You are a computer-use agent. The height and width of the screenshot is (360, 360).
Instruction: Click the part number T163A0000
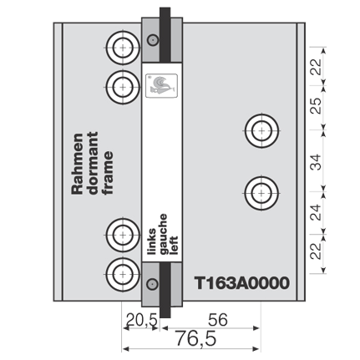pos(241,283)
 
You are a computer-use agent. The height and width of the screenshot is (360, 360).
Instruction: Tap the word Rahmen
pos(77,164)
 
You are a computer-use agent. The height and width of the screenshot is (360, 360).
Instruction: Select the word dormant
pos(93,163)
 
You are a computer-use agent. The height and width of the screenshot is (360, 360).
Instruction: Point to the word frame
pos(108,173)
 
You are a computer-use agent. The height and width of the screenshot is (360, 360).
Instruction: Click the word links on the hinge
pos(152,241)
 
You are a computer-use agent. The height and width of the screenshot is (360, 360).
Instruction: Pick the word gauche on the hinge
pos(163,234)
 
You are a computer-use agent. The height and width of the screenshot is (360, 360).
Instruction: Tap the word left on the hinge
pos(173,246)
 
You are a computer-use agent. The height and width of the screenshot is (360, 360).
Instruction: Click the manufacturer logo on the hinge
pos(161,85)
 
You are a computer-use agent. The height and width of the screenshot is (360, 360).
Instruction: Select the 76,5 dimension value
pos(195,339)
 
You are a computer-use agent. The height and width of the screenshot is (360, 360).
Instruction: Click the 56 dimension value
pos(218,320)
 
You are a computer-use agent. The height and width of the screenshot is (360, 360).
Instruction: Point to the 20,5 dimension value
pos(142,320)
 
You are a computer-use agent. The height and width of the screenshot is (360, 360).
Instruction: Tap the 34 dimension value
pos(316,162)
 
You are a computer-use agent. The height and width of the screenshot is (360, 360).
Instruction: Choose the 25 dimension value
pos(316,105)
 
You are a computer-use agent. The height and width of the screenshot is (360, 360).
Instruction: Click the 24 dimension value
pos(316,212)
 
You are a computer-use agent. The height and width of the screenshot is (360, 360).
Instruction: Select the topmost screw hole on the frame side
pos(123,48)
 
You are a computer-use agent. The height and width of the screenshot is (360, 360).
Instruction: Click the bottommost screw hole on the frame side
pos(123,274)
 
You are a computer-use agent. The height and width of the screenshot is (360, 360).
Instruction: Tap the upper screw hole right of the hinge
pos(261,130)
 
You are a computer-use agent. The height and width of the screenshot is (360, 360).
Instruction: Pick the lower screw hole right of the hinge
pos(261,193)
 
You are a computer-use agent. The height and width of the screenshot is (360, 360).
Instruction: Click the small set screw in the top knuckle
pos(153,40)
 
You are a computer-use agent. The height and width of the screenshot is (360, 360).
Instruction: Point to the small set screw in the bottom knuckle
pos(152,284)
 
